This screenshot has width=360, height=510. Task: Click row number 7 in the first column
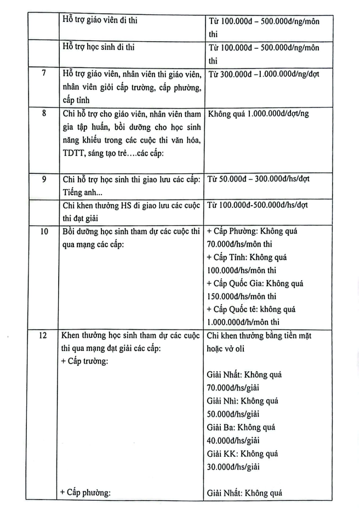pyautogui.click(x=43, y=74)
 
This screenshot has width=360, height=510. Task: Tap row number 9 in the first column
pyautogui.click(x=43, y=179)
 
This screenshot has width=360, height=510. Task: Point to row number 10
pyautogui.click(x=43, y=231)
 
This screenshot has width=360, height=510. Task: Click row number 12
pyautogui.click(x=43, y=336)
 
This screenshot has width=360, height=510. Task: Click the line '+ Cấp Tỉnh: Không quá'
pyautogui.click(x=247, y=257)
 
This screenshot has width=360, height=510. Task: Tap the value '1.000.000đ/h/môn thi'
pyautogui.click(x=243, y=322)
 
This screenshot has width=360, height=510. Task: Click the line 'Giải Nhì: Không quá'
pyautogui.click(x=242, y=401)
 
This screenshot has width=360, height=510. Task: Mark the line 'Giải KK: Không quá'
pyautogui.click(x=242, y=454)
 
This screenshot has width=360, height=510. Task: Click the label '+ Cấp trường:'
pyautogui.click(x=85, y=362)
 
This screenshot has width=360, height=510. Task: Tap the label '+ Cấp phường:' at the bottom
pyautogui.click(x=86, y=492)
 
